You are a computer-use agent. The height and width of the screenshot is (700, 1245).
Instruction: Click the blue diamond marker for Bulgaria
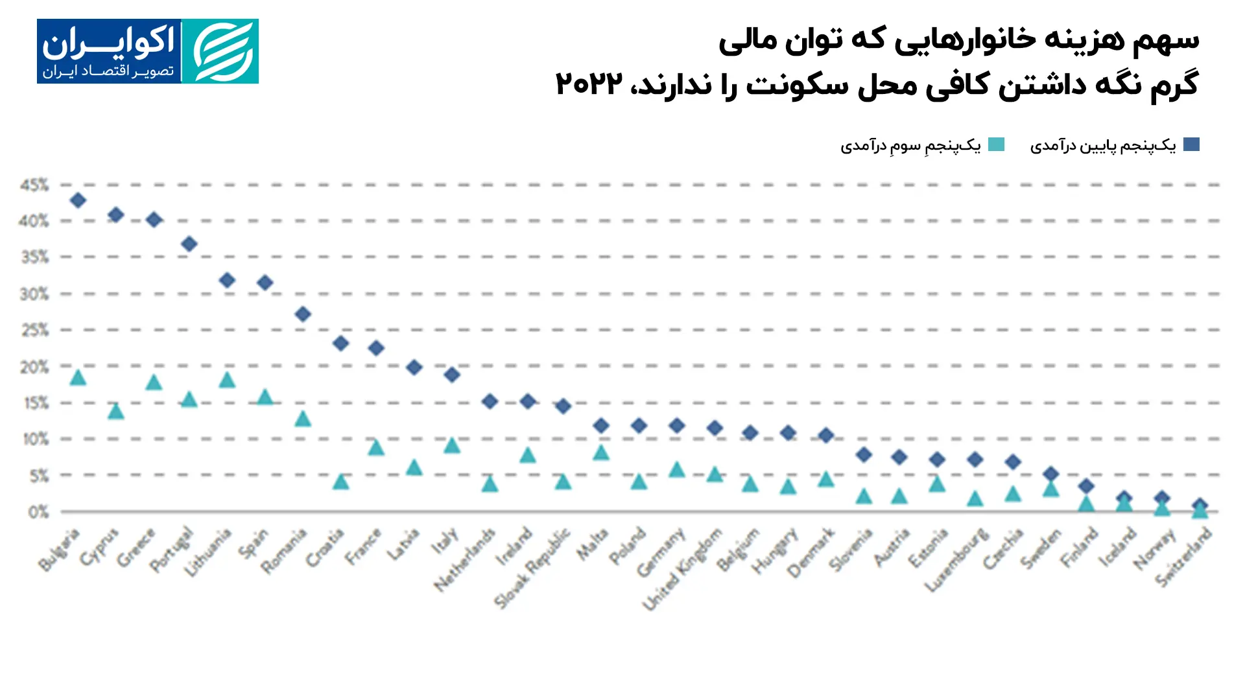pyautogui.click(x=78, y=200)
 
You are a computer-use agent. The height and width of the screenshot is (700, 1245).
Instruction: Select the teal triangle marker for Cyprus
pyautogui.click(x=116, y=411)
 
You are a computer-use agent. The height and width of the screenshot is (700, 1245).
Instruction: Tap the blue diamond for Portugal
pyautogui.click(x=189, y=244)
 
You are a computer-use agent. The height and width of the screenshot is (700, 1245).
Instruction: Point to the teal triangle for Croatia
pyautogui.click(x=341, y=482)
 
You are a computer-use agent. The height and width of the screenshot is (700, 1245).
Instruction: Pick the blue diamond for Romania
pyautogui.click(x=303, y=314)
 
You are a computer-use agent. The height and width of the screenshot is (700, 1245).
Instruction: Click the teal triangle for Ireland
pyautogui.click(x=528, y=455)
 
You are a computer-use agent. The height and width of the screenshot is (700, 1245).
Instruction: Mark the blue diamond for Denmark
pyautogui.click(x=826, y=435)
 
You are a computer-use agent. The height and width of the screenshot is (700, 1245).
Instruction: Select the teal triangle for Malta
pyautogui.click(x=601, y=452)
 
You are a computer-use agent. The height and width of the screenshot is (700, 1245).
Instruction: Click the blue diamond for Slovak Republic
pyautogui.click(x=563, y=406)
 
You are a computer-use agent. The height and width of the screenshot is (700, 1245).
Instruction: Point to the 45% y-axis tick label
pyautogui.click(x=34, y=185)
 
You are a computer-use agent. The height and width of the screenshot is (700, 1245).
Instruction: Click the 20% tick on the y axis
pyautogui.click(x=34, y=367)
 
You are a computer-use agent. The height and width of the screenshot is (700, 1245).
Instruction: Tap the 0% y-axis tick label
pyautogui.click(x=38, y=513)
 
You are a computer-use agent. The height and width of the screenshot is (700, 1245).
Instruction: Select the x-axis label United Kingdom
pyautogui.click(x=682, y=569)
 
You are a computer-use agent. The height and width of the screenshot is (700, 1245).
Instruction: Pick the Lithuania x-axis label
pyautogui.click(x=208, y=553)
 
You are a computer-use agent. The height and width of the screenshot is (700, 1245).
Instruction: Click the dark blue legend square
pyautogui.click(x=1191, y=145)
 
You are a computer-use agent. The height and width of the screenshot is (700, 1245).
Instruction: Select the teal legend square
pyautogui.click(x=997, y=145)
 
